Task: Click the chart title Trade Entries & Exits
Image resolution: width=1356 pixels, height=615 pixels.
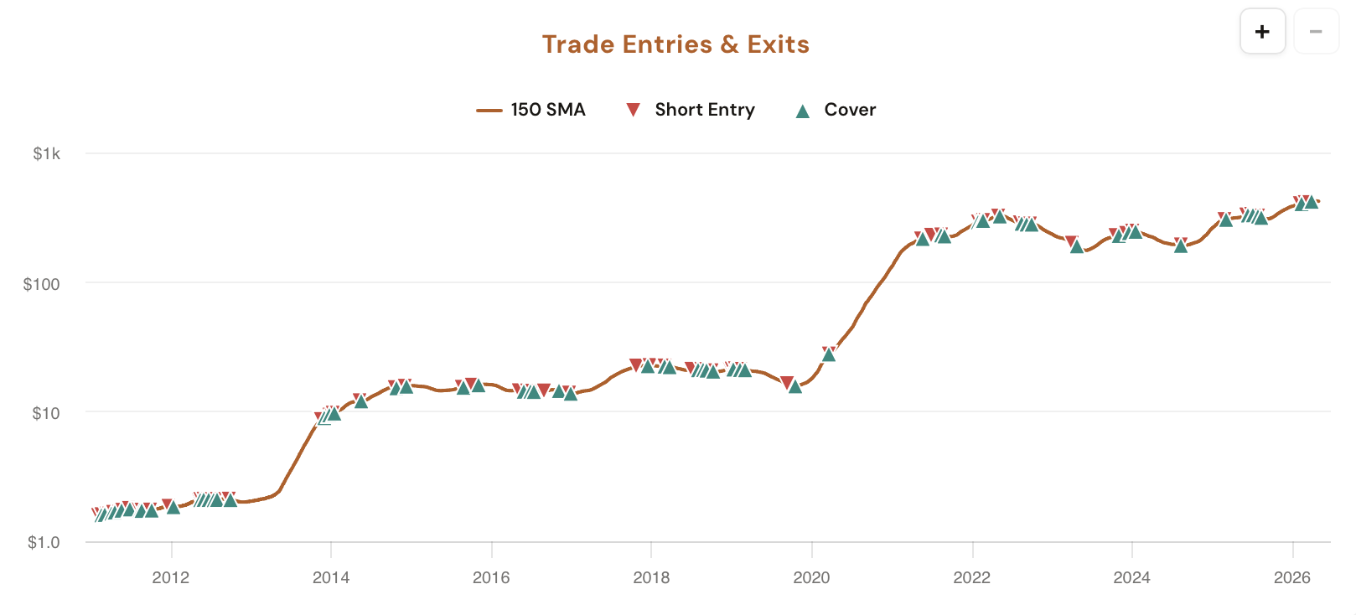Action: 675,44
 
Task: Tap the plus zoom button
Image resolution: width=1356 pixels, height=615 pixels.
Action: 1262,32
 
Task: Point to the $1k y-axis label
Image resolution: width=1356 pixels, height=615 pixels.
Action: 47,154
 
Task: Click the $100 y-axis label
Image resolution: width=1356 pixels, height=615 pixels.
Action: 42,284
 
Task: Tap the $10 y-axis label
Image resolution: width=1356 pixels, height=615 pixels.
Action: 45,413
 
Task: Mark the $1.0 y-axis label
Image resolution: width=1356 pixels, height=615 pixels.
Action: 44,543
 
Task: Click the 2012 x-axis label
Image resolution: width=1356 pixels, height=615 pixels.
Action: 171,577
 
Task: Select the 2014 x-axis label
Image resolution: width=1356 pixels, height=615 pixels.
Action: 331,577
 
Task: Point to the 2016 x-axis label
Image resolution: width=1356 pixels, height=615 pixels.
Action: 491,577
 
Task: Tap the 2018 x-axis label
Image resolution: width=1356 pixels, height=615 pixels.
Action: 651,577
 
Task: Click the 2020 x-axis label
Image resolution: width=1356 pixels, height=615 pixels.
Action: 811,577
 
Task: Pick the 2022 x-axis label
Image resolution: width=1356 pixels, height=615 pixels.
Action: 972,577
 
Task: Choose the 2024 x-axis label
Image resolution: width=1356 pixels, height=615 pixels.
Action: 1132,577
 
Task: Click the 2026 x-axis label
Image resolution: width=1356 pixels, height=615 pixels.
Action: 1292,577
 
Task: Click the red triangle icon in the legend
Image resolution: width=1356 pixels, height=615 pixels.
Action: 634,110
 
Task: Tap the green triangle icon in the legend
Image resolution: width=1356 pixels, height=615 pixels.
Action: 802,111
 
